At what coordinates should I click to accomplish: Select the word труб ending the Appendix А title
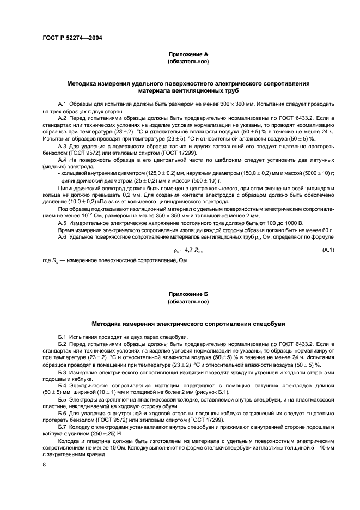coord(232,91)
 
